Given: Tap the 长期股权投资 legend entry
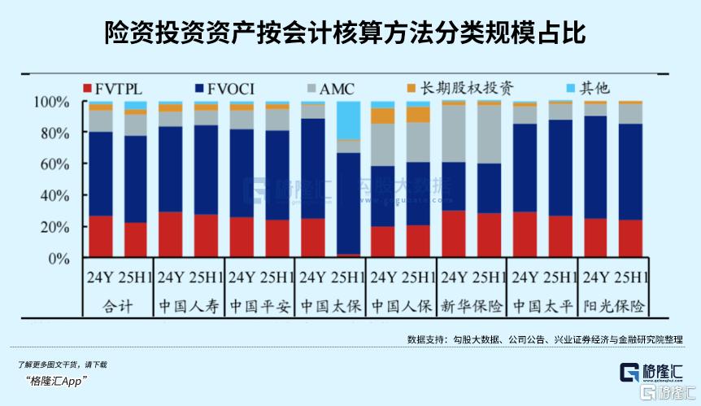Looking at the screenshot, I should pos(460,87).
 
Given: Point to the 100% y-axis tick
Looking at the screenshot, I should pos(53,103).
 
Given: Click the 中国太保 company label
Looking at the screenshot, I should pos(329,307).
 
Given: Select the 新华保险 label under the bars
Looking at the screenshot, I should pos(472,307).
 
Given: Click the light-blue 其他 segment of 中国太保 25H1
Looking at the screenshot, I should pos(349,120).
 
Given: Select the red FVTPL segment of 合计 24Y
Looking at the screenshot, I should pos(101,237).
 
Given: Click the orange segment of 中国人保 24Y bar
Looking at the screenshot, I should pos(382,116).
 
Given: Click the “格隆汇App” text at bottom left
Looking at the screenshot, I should pos(56,381).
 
